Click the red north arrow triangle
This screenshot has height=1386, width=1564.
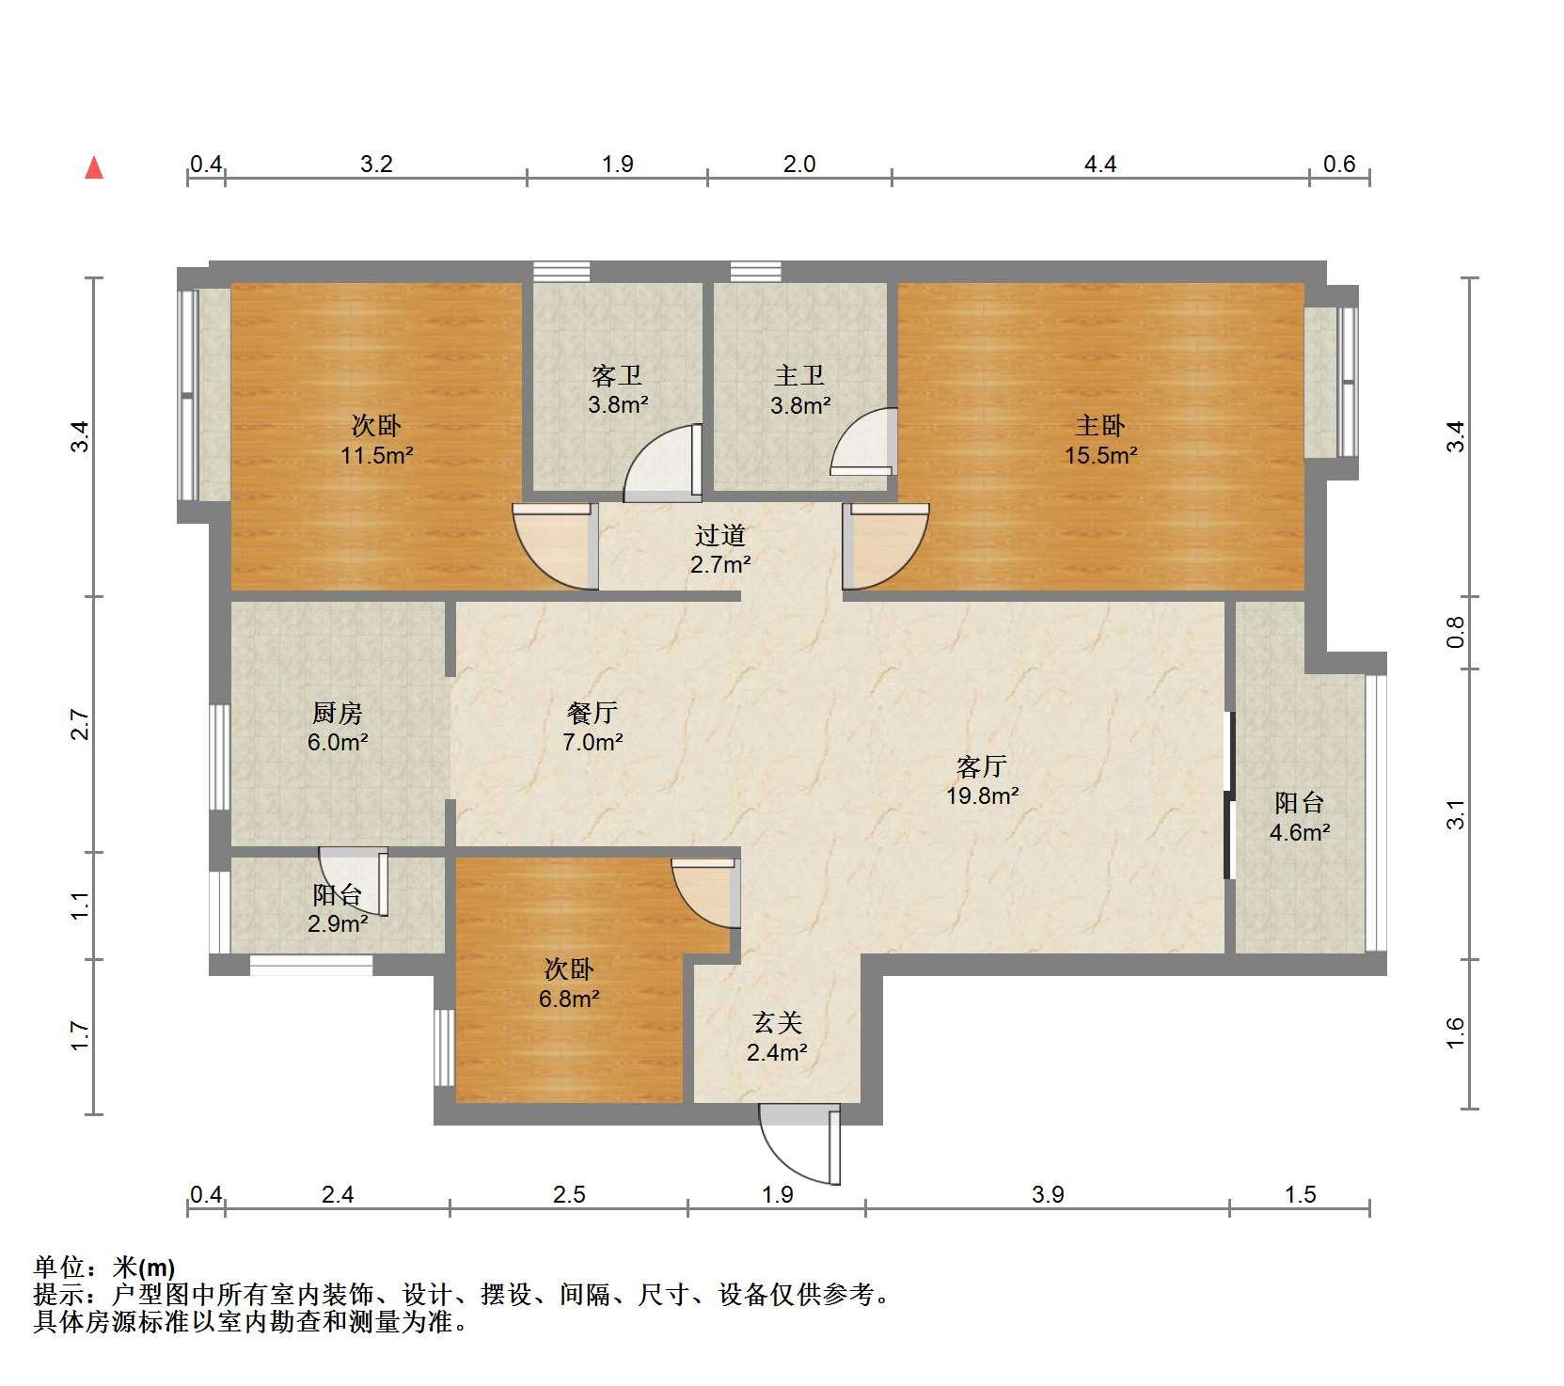click(94, 167)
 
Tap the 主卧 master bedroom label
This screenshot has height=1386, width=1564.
click(1100, 426)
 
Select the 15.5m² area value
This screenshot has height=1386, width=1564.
click(1100, 456)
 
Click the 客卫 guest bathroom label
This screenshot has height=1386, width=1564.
click(617, 376)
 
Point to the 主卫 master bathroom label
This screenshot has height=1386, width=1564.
click(799, 376)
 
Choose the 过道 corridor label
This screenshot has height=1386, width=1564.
click(720, 535)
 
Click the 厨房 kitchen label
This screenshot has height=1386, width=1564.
click(338, 713)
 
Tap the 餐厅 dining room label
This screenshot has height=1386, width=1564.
click(592, 713)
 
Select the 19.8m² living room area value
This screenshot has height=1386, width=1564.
click(983, 796)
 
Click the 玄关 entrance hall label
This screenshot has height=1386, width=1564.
click(777, 1022)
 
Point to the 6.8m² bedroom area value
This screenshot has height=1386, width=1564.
click(569, 999)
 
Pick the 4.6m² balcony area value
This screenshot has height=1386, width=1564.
click(1300, 832)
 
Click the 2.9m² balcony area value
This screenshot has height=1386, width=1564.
click(338, 923)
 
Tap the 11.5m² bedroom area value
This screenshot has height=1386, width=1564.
click(377, 456)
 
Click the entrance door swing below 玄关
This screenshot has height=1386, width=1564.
click(800, 1144)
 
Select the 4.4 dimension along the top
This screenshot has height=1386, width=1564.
click(1100, 165)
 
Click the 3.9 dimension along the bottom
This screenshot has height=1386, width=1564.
click(1048, 1194)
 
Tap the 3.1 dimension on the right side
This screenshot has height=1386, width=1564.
click(1455, 814)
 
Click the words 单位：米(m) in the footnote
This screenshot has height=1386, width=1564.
click(103, 1268)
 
